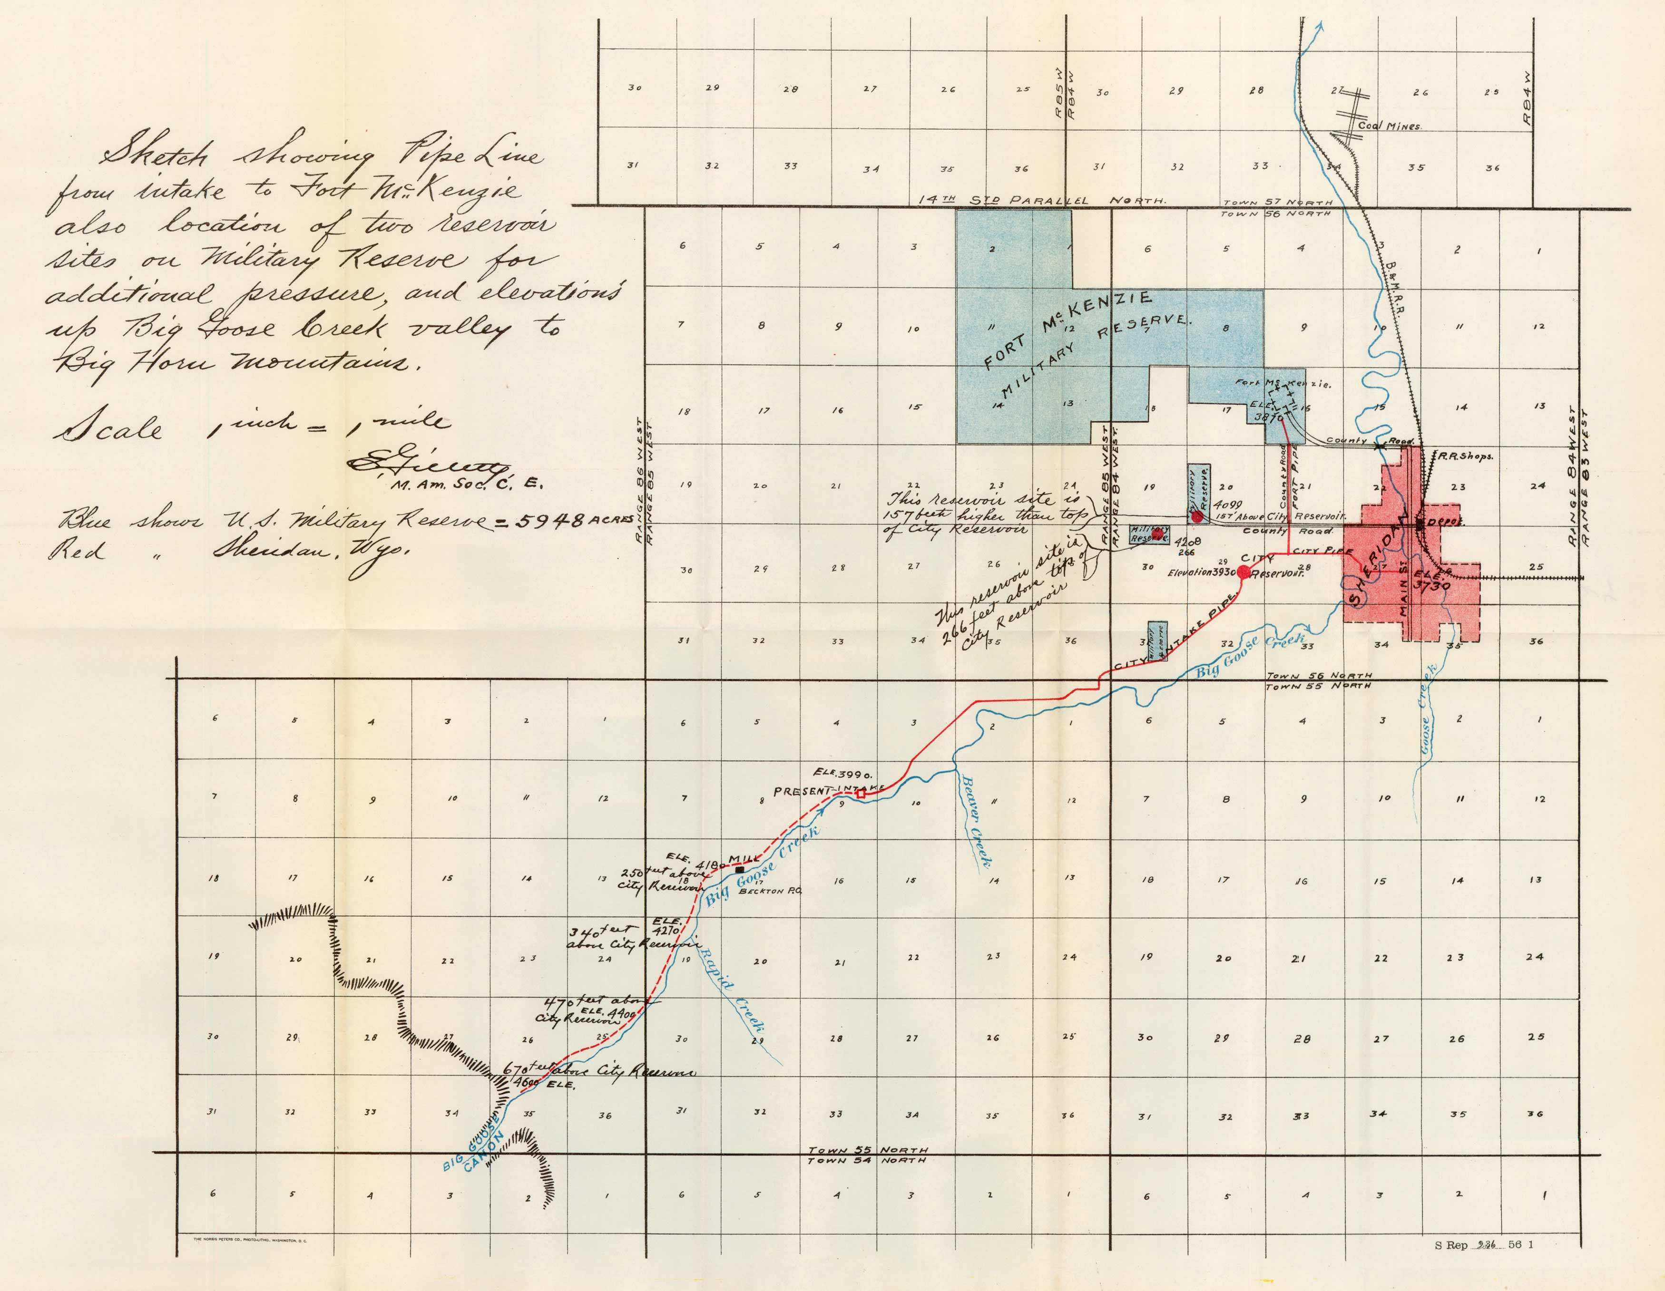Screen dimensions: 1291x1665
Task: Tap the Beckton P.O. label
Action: (771, 890)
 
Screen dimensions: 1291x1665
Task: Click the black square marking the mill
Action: (739, 869)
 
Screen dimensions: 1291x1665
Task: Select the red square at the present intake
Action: (861, 794)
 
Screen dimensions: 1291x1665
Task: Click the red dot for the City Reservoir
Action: (1244, 573)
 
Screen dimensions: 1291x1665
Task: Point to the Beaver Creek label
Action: (977, 822)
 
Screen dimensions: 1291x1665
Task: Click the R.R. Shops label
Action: (1465, 456)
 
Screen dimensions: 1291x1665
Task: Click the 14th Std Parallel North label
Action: (1041, 200)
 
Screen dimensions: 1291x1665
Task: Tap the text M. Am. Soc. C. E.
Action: (466, 484)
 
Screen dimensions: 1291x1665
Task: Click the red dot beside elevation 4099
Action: (1197, 516)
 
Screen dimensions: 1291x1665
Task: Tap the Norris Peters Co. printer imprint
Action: (252, 1241)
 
